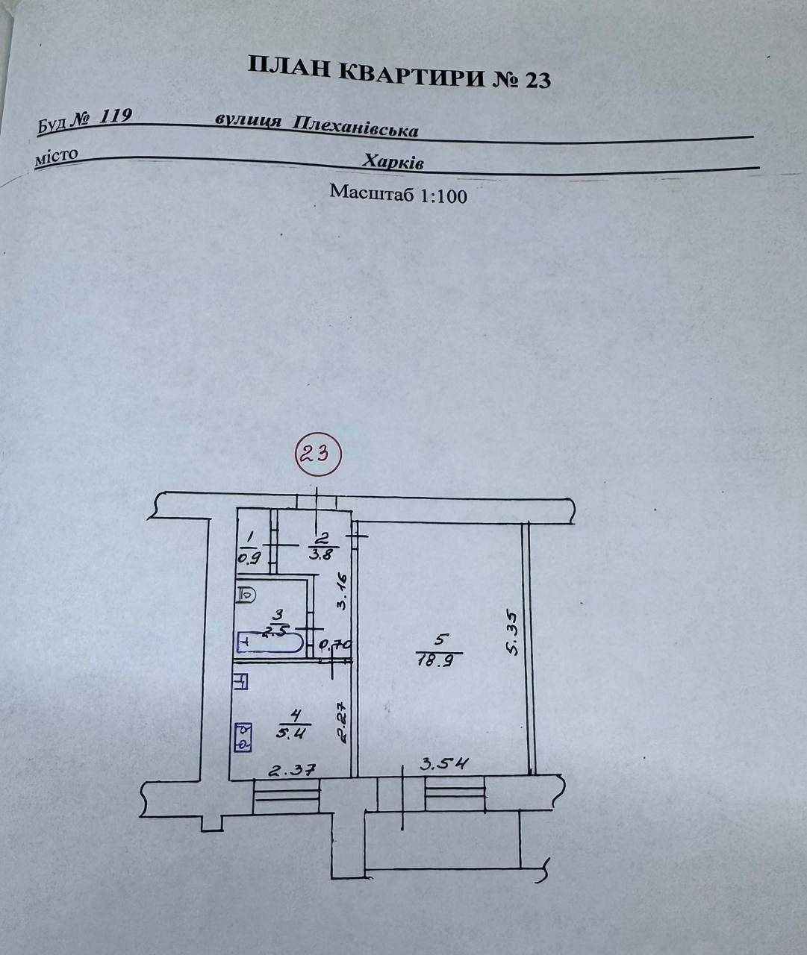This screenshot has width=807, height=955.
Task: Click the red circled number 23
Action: (x=319, y=454)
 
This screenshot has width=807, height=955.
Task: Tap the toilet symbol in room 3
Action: (x=246, y=595)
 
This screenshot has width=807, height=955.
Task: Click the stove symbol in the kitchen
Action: (x=243, y=738)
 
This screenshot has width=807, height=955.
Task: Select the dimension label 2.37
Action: (x=292, y=770)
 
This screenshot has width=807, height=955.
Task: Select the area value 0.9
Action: (x=250, y=557)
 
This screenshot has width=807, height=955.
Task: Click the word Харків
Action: (x=393, y=162)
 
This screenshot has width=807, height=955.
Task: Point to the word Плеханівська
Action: (x=355, y=126)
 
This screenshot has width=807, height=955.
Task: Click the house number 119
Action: (x=116, y=117)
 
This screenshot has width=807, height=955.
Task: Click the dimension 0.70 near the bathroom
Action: (x=336, y=645)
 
